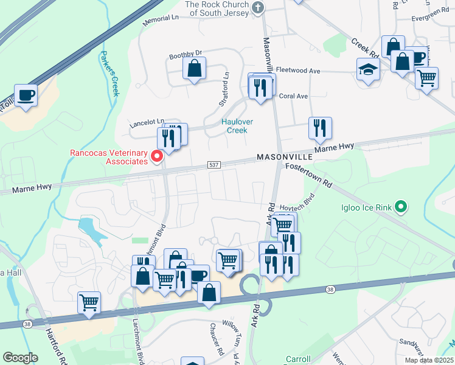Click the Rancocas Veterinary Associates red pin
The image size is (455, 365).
coord(157,156)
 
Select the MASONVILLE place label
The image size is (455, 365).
coord(285,157)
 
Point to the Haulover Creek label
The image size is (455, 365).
coord(237,126)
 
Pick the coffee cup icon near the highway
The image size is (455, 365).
coord(26,96)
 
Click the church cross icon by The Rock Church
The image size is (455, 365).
coord(259,7)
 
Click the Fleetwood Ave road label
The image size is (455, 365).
coord(298,71)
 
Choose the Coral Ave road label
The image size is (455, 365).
coord(294,96)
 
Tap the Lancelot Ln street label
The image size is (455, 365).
coord(147,123)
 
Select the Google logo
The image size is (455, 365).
coord(20,358)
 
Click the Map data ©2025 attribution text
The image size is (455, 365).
coord(428,360)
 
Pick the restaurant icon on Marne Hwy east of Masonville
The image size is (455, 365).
coord(319,128)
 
